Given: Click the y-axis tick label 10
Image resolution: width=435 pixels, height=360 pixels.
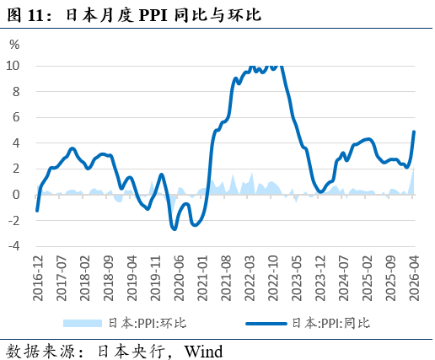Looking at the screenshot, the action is (x=13, y=66).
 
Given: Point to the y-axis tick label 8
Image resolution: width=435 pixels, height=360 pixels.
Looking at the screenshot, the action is (x=16, y=92).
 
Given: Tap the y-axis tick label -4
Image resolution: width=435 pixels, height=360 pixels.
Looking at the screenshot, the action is (x=14, y=246).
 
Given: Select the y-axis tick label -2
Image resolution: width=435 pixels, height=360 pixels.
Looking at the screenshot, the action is (x=14, y=221).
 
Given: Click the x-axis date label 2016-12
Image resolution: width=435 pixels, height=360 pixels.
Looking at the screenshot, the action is (x=38, y=278).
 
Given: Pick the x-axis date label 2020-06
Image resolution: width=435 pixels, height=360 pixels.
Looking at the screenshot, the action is (x=179, y=278).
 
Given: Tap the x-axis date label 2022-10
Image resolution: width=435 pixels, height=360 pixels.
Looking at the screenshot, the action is (x=273, y=278).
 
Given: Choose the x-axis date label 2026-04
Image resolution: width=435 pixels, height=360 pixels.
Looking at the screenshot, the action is (x=414, y=278).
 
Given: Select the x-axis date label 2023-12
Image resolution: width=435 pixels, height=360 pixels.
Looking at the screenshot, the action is (x=320, y=278).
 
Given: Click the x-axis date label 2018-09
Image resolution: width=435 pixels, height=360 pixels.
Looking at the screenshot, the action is (x=109, y=278).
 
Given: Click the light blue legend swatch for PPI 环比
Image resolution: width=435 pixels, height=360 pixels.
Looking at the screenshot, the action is (x=83, y=323).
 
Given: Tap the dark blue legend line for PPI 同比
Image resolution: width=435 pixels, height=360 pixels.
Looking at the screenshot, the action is (x=266, y=324).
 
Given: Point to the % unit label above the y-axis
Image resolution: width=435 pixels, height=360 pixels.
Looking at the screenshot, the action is (x=14, y=45).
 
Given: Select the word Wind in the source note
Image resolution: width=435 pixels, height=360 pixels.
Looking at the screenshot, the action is (x=203, y=352).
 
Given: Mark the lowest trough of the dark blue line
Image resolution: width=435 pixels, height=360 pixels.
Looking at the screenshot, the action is (x=175, y=229).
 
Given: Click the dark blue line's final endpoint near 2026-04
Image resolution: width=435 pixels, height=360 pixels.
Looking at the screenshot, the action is (x=414, y=132).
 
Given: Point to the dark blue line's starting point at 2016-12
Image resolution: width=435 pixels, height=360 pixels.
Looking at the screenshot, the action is (x=37, y=211).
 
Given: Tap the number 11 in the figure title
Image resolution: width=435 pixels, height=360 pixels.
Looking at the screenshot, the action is (x=35, y=16).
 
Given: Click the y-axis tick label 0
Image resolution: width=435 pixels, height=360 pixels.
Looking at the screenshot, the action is (x=16, y=195).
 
